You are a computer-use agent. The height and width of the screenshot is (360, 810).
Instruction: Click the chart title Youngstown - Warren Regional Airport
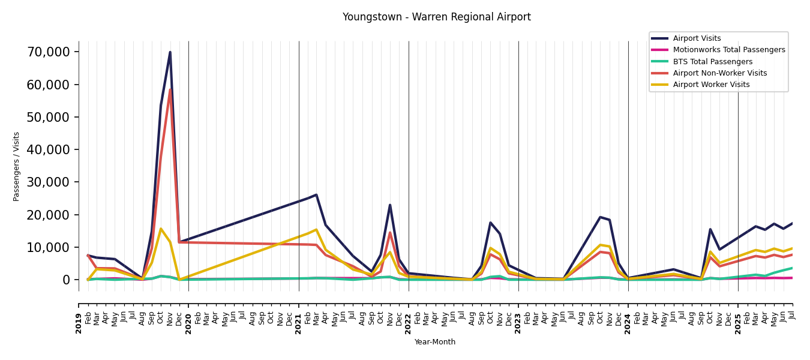(x=436, y=17)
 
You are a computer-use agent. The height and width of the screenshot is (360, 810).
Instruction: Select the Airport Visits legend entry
(x=697, y=38)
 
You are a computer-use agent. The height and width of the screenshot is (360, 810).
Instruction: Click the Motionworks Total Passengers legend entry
(x=728, y=50)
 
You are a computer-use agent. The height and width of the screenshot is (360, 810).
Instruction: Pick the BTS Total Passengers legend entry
(x=712, y=62)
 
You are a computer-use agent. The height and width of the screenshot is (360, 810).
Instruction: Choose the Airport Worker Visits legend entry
(x=711, y=85)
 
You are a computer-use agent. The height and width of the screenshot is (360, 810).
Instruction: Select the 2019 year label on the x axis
(x=79, y=323)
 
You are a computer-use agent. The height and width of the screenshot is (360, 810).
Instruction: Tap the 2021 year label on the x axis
(x=299, y=323)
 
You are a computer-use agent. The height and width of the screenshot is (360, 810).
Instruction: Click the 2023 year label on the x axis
(x=518, y=323)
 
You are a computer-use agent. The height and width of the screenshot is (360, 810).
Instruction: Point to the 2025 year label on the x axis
(x=738, y=323)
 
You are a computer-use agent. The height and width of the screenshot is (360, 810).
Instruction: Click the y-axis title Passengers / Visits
(x=16, y=166)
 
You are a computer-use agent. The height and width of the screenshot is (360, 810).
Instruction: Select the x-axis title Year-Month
(x=435, y=342)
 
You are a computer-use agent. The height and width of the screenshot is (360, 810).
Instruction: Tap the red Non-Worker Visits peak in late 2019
(x=170, y=90)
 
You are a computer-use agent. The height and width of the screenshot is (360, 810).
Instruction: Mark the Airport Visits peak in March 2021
(x=316, y=195)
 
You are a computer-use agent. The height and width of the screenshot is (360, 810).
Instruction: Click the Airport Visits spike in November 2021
(x=390, y=205)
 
